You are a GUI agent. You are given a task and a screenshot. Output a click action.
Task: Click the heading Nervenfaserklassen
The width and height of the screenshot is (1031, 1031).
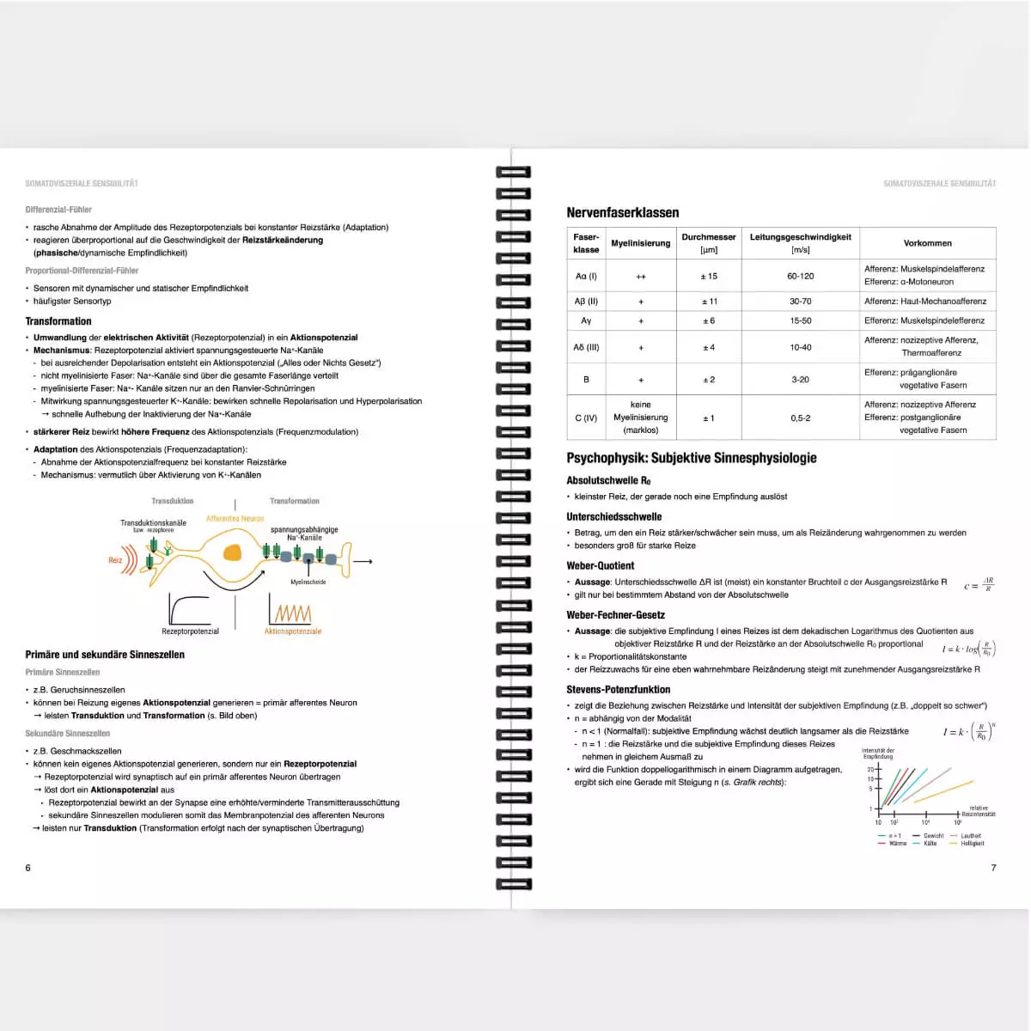point(622,212)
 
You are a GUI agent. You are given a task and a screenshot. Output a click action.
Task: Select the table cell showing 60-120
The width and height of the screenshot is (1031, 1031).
point(800,276)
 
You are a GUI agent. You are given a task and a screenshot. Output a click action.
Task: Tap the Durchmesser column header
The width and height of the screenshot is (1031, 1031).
point(708,243)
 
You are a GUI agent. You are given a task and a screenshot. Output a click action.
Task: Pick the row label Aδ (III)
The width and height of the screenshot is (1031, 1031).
point(586,347)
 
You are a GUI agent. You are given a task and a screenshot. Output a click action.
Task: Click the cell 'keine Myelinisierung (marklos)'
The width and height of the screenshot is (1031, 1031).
point(640,418)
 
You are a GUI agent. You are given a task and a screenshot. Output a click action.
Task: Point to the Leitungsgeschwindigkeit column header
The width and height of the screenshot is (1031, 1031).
point(800,243)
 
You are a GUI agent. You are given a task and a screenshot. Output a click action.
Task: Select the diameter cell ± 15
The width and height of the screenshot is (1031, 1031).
point(708,276)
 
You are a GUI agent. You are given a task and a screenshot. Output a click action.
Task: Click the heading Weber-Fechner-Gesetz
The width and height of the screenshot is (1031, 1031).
point(615,615)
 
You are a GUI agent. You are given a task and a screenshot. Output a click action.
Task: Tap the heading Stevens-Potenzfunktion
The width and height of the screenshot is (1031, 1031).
point(618,689)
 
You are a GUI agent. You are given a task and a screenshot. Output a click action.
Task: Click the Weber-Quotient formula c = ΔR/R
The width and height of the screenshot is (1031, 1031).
point(979,585)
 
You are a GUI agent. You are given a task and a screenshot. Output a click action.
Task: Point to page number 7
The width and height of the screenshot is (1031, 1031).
point(993,868)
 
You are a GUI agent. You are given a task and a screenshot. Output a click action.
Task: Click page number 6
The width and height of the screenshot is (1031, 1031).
point(27,868)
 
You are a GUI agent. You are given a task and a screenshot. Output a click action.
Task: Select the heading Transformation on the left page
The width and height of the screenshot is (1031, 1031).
point(58,321)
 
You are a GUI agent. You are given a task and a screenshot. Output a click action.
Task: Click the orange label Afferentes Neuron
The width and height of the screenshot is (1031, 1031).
point(235,519)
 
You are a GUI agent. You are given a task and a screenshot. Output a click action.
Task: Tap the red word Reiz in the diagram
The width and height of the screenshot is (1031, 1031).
point(115,560)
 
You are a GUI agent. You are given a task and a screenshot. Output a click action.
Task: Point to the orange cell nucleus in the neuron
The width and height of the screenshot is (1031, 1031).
point(232,554)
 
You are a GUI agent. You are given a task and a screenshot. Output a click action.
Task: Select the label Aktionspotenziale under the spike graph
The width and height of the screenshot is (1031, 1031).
point(292,631)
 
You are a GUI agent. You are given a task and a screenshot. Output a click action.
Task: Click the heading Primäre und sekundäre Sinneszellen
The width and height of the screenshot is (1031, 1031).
point(105,655)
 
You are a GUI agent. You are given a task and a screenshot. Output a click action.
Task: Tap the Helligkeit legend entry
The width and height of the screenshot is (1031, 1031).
point(972,844)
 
